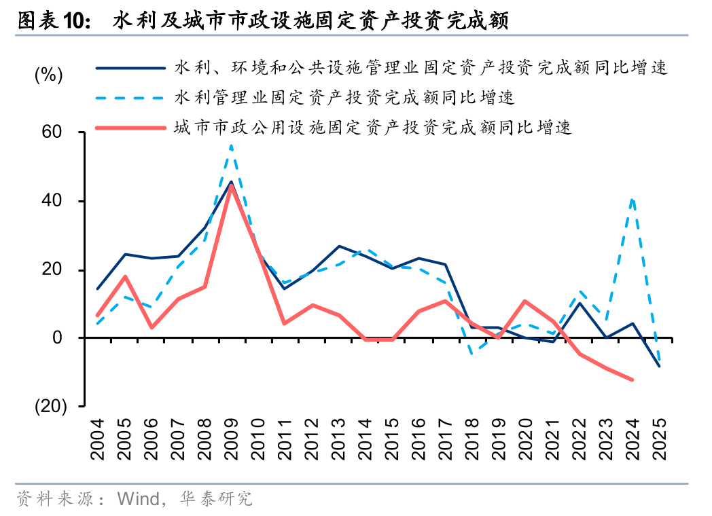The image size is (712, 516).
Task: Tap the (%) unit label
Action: [x=48, y=75]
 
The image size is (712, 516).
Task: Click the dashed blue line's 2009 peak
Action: [x=231, y=145]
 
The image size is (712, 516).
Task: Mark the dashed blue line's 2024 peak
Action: [x=633, y=199]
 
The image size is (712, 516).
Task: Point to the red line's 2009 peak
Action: [x=231, y=185]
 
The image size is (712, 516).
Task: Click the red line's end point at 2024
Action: [x=632, y=380]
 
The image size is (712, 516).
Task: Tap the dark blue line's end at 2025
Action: [x=658, y=366]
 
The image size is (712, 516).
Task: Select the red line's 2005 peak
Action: [x=126, y=276]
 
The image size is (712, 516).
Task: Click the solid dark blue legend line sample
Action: [x=130, y=68]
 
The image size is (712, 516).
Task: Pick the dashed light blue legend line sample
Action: [x=130, y=98]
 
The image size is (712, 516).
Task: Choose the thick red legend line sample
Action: [x=130, y=128]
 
